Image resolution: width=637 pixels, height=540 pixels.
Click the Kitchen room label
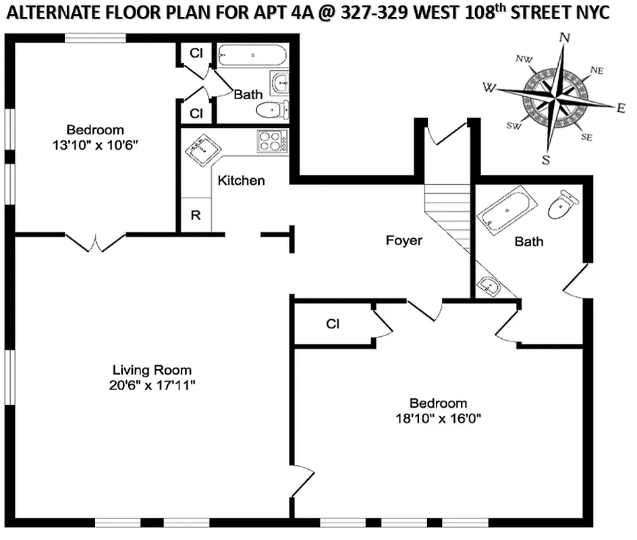pos(241,181)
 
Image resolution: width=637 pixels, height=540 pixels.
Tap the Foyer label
pos(404,240)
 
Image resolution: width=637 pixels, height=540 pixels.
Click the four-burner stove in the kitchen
pos(271,142)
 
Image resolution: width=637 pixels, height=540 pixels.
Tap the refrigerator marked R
pos(196,216)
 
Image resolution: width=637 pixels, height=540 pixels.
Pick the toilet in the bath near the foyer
pos(562,205)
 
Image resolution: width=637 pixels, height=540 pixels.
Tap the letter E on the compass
pos(621,107)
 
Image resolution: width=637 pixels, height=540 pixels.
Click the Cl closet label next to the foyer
pos(332,324)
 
